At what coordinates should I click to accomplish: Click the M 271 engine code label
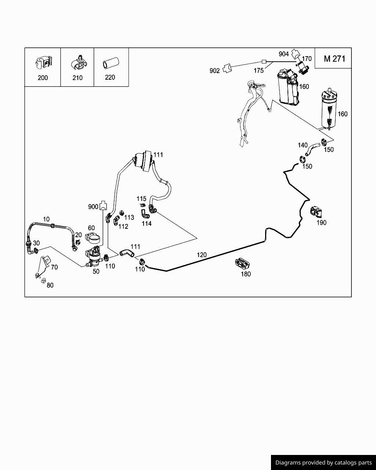pyautogui.click(x=334, y=59)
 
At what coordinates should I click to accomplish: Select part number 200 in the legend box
pyautogui.click(x=43, y=78)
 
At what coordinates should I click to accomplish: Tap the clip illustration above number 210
pyautogui.click(x=78, y=63)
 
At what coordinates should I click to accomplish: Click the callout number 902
pyautogui.click(x=214, y=70)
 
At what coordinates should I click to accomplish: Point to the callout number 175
pyautogui.click(x=258, y=70)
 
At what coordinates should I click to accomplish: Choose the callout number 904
pyautogui.click(x=283, y=54)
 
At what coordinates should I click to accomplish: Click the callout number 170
pyautogui.click(x=307, y=58)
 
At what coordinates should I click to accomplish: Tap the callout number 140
pyautogui.click(x=303, y=145)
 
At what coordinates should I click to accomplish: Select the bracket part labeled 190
pyautogui.click(x=315, y=212)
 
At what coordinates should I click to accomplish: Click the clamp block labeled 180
pyautogui.click(x=242, y=263)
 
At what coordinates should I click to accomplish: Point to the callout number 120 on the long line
pyautogui.click(x=202, y=254)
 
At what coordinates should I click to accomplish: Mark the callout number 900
pyautogui.click(x=93, y=207)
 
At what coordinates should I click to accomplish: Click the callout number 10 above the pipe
pyautogui.click(x=46, y=219)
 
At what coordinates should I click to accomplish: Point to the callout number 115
pyautogui.click(x=141, y=199)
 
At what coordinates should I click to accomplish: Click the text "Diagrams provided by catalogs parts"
pyautogui.click(x=323, y=463)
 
